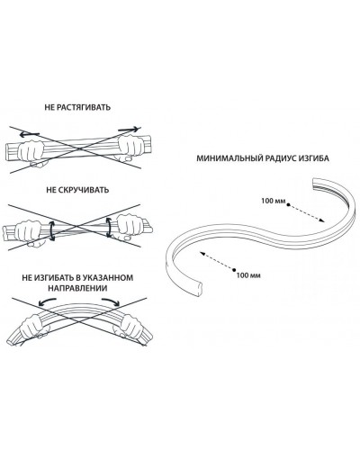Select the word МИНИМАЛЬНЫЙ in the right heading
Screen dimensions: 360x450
pyautogui.click(x=229, y=158)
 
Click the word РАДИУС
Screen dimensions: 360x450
pyautogui.click(x=280, y=158)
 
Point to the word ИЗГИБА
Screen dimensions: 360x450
pyautogui.click(x=314, y=158)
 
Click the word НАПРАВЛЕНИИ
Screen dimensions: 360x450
pyautogui.click(x=77, y=288)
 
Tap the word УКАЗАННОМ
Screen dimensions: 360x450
pyautogui.click(x=108, y=277)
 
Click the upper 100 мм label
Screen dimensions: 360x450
pyautogui.click(x=274, y=201)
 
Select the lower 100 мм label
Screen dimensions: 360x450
pyautogui.click(x=248, y=275)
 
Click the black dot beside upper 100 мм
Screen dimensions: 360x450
pyautogui.click(x=288, y=205)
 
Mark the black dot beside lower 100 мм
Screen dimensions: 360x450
pyautogui.click(x=234, y=269)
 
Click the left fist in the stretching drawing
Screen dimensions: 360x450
pyautogui.click(x=31, y=152)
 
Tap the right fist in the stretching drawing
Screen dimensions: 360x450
pyautogui.click(x=130, y=146)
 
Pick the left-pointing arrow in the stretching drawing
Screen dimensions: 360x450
pyautogui.click(x=30, y=135)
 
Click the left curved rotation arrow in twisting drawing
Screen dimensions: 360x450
pyautogui.click(x=51, y=230)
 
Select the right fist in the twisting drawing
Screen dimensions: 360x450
pyautogui.click(x=130, y=226)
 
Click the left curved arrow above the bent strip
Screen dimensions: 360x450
pyautogui.click(x=48, y=301)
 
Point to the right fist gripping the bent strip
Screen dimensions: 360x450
pyautogui.click(x=130, y=326)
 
